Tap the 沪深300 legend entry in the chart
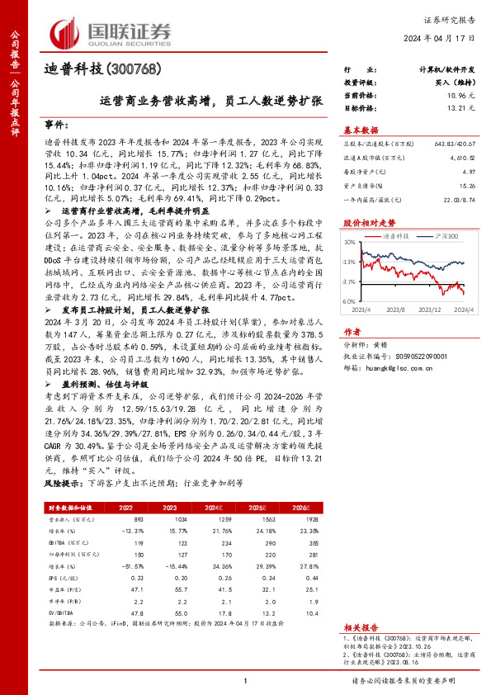(x=447, y=235)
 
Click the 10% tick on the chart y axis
(x=350, y=242)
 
